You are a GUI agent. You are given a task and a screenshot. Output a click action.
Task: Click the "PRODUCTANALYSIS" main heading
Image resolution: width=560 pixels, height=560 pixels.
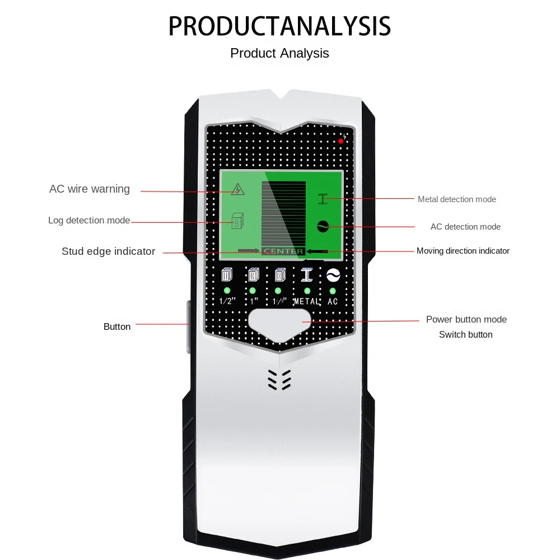coord(279,26)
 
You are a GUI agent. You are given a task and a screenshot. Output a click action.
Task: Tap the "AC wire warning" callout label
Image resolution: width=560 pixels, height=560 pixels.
coord(90,189)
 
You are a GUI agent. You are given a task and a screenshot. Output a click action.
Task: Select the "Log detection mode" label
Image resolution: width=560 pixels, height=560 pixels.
coord(89,221)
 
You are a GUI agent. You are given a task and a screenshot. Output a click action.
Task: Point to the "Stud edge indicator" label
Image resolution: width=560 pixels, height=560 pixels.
coord(108,251)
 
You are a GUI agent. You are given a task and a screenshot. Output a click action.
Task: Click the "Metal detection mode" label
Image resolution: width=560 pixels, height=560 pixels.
coord(456,199)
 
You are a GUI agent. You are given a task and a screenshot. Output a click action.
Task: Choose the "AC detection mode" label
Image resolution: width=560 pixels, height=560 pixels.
coord(465,227)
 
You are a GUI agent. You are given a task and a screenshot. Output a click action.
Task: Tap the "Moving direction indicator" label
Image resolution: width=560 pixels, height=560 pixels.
coord(463,251)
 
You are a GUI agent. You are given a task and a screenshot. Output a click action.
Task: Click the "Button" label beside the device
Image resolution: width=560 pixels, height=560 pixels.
coord(117,326)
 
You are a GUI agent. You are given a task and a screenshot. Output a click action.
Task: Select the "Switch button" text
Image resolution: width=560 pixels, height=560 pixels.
coord(465,334)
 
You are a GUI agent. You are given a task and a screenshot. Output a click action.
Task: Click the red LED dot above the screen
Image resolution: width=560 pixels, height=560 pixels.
coord(341,141)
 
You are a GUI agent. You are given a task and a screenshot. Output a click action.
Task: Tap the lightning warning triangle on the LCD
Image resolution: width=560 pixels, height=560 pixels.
coord(238,189)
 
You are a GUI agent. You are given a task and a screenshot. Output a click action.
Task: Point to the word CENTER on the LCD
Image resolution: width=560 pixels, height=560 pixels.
coord(283,251)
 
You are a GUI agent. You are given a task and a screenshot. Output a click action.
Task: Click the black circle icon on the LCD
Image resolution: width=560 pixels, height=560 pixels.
coord(323,226)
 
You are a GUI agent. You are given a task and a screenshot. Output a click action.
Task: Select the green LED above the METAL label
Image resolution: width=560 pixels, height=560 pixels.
coord(307,291)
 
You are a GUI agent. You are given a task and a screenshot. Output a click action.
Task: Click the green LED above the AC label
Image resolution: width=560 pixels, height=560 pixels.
coord(333,291)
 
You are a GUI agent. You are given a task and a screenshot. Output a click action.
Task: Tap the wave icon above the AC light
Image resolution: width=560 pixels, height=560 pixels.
coord(333,276)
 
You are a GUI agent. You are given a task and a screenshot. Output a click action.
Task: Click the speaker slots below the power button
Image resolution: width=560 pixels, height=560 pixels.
coord(279,380)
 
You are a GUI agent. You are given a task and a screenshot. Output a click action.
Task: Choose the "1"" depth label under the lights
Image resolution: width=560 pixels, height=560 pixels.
coord(253,301)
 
